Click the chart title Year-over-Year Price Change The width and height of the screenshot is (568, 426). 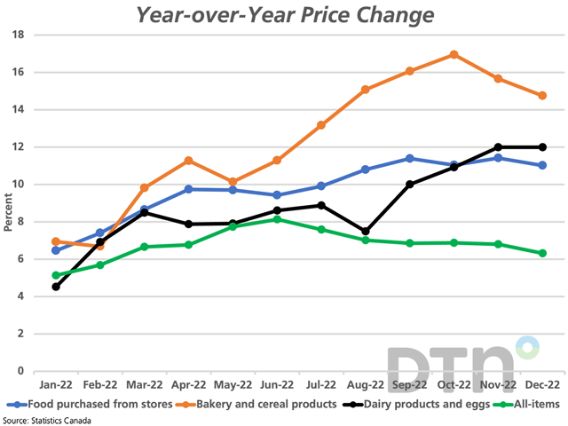click(284, 15)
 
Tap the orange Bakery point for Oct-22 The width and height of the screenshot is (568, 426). click(454, 54)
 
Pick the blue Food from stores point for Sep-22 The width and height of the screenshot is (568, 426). click(410, 158)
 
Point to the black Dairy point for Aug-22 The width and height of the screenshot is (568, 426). click(366, 231)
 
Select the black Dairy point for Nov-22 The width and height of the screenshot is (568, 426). click(499, 147)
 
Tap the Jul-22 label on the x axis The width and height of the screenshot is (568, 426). click(321, 386)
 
